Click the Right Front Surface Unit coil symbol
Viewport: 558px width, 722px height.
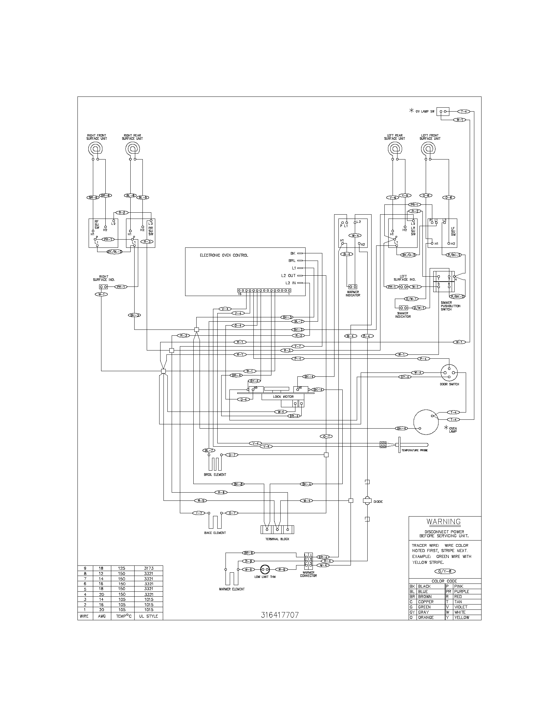click(x=96, y=149)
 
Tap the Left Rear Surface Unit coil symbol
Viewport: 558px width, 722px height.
click(x=394, y=149)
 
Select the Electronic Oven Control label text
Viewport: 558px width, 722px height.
click(x=224, y=255)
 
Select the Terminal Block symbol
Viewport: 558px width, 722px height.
click(x=277, y=529)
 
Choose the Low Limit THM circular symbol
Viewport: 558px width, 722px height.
click(x=265, y=569)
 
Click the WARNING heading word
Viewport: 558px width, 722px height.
click(x=443, y=521)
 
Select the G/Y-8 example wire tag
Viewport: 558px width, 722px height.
click(x=443, y=571)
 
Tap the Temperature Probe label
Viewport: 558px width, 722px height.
click(x=414, y=450)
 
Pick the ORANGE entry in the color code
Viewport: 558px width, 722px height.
click(x=426, y=617)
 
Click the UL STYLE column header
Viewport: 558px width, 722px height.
click(x=148, y=616)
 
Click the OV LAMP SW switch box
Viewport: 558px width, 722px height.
click(x=443, y=112)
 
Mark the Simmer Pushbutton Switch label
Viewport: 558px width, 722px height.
click(x=450, y=306)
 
